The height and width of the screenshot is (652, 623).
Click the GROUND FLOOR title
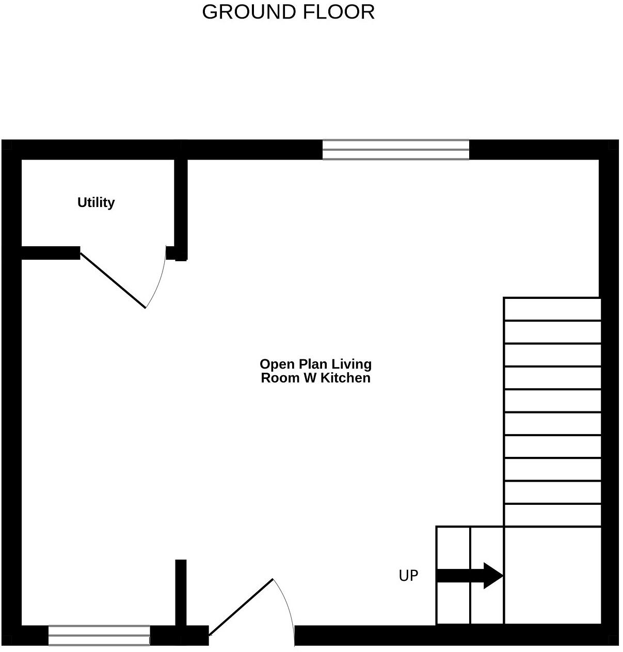pyautogui.click(x=288, y=12)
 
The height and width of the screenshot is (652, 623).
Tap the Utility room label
pyautogui.click(x=96, y=202)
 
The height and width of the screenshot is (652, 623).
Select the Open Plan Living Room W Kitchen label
pyautogui.click(x=315, y=371)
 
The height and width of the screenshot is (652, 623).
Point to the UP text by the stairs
pyautogui.click(x=408, y=576)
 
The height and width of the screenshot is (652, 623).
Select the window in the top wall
pyautogui.click(x=395, y=150)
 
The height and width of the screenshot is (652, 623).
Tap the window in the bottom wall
pyautogui.click(x=99, y=635)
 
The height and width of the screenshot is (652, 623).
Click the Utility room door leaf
pyautogui.click(x=113, y=281)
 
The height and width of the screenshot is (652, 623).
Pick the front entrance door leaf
pyautogui.click(x=241, y=607)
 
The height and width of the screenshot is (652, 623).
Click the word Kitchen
pyautogui.click(x=345, y=378)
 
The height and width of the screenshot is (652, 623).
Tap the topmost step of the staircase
pyautogui.click(x=552, y=309)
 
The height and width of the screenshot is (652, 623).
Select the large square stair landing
pyautogui.click(x=552, y=575)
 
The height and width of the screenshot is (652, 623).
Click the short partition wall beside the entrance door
pyautogui.click(x=180, y=594)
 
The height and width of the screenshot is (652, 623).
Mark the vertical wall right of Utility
pyautogui.click(x=180, y=206)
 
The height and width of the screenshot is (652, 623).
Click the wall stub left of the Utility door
pyautogui.click(x=51, y=253)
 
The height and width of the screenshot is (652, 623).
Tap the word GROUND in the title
pyautogui.click(x=249, y=12)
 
